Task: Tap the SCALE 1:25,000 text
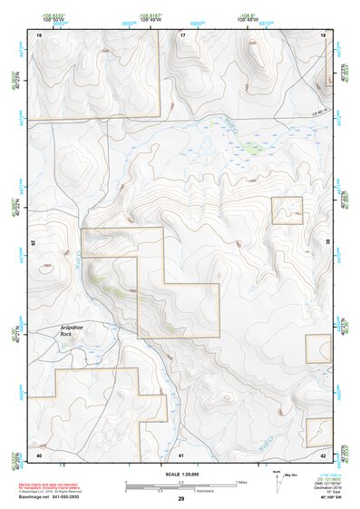pos(179,474)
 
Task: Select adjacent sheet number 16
pos(39,34)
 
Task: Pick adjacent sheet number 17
pos(182,34)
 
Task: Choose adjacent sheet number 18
pos(324,34)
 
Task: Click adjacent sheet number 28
pos(34,242)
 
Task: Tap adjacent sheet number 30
pos(327,242)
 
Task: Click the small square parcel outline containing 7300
pos(287,210)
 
